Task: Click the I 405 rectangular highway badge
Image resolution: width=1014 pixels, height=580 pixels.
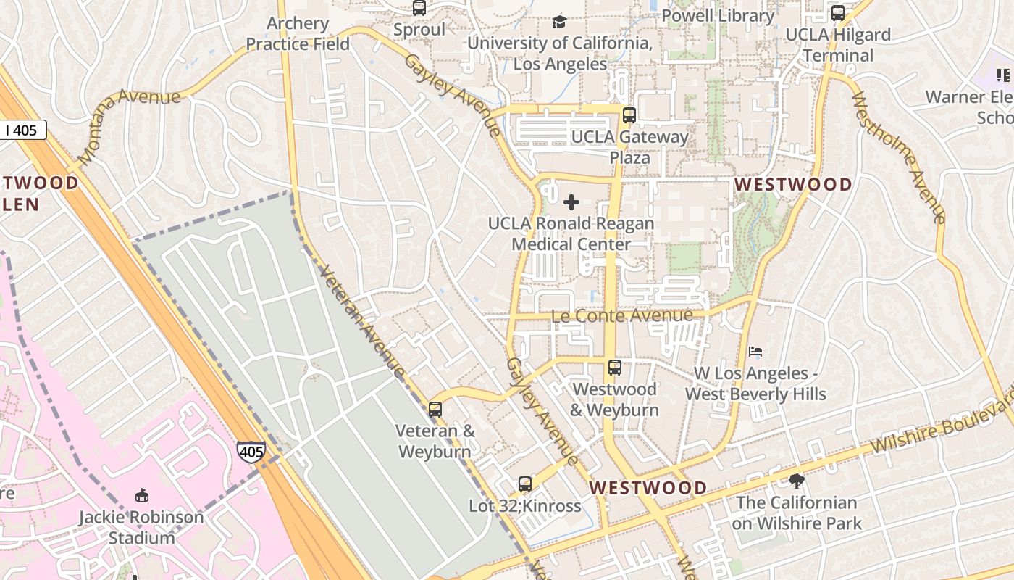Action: [x=22, y=130]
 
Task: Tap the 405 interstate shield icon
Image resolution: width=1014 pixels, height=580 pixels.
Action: [x=251, y=452]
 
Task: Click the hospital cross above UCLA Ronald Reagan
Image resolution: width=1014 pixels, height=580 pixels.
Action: [x=571, y=202]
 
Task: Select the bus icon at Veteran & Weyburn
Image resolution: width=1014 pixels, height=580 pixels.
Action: [x=435, y=410]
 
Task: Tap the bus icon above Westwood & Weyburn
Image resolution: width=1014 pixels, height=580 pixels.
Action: [x=615, y=368]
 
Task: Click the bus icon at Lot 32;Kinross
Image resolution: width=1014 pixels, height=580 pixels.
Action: [x=525, y=484]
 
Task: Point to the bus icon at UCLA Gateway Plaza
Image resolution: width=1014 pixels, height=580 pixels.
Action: [x=629, y=115]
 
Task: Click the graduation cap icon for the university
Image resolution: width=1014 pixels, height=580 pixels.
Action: [x=559, y=22]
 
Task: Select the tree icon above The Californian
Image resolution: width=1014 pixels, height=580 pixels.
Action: [x=797, y=481]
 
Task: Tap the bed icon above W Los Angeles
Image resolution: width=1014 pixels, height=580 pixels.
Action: [x=755, y=352]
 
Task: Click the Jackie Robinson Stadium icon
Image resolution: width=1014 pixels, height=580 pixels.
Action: [x=142, y=496]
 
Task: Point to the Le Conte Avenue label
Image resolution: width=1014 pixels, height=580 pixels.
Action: [x=622, y=315]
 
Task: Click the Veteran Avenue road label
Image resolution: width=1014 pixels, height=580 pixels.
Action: [x=361, y=323]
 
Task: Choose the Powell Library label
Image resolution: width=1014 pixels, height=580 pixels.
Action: [x=718, y=15]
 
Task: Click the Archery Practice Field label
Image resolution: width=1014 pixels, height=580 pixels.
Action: [x=298, y=33]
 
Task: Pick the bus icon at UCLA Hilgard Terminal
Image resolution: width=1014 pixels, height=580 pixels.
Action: [x=838, y=13]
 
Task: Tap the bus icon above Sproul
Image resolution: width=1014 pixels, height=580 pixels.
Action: [x=419, y=8]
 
